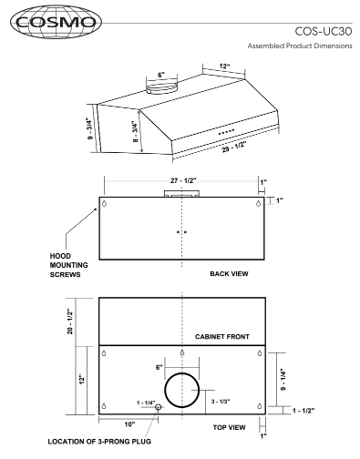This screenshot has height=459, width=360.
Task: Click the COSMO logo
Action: [56, 22]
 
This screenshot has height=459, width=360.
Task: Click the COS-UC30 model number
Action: [324, 31]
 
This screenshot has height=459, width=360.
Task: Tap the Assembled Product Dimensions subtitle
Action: [300, 46]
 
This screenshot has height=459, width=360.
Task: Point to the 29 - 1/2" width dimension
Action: [233, 146]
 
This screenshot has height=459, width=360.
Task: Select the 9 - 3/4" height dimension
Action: [89, 128]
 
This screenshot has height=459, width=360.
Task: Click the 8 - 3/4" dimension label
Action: [135, 131]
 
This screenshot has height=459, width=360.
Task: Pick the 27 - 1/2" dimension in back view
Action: [183, 180]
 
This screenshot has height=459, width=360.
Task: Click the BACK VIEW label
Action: [229, 274]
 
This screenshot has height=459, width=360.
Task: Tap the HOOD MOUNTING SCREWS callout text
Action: [69, 265]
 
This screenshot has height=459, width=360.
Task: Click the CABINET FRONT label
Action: [222, 337]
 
